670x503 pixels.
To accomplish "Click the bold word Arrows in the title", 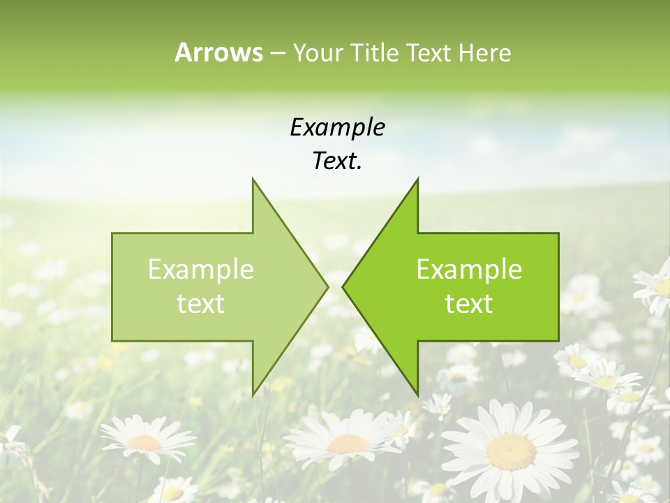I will (x=218, y=52).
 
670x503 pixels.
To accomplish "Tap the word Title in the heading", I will (x=374, y=52).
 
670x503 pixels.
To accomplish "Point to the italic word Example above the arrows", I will (x=338, y=127).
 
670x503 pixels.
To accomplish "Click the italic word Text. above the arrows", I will (x=338, y=161).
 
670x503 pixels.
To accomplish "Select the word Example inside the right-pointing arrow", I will (x=201, y=270).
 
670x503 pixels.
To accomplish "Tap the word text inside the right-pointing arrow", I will (x=201, y=304).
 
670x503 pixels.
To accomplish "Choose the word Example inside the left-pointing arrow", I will (x=469, y=270).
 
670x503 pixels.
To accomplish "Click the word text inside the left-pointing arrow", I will (x=469, y=304).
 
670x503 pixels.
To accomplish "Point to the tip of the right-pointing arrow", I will (x=328, y=286).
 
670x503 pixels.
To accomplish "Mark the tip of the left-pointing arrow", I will (x=343, y=286).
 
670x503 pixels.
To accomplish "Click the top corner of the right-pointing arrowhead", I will (x=253, y=178).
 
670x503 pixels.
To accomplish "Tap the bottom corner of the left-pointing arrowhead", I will (x=417, y=395).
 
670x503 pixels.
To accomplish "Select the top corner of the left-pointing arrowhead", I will (x=417, y=178).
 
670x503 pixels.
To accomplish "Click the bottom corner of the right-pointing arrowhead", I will (x=253, y=395).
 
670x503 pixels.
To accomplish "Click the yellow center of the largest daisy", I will (x=512, y=451).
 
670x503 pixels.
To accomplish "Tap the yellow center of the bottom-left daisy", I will (x=144, y=442).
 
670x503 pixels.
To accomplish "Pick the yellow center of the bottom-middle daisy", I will (x=348, y=444).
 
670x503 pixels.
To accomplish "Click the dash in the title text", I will (x=277, y=54).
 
